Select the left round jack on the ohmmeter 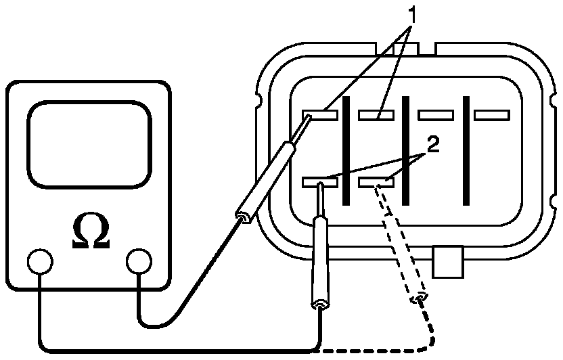click(39, 261)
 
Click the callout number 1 click(411, 14)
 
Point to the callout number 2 click(433, 145)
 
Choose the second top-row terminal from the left click(376, 116)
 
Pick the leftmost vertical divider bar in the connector click(346, 150)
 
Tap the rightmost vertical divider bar click(466, 150)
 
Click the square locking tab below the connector click(448, 263)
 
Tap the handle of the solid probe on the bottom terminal click(319, 264)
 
